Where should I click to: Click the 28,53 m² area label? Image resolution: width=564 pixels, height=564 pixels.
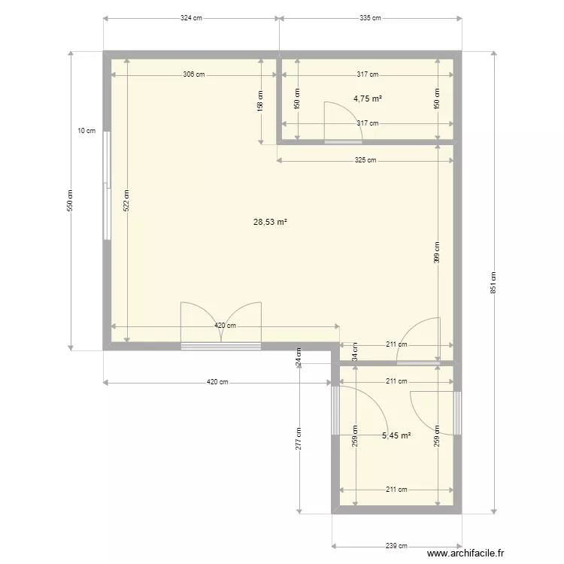coord(271,222)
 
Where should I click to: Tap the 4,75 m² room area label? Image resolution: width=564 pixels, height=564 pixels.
coord(368,99)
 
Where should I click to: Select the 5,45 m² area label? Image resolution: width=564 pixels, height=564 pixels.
coord(396,435)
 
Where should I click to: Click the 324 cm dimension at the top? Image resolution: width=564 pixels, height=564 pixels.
coord(191,17)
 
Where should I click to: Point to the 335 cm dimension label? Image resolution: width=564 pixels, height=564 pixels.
coord(369,17)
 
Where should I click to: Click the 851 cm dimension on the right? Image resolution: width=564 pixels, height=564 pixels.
coord(493,282)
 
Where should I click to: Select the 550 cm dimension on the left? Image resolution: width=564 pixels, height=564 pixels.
coord(71,200)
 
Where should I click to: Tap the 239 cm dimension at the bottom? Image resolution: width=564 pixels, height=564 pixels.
coord(396,547)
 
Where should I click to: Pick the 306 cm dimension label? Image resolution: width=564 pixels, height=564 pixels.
coord(193,74)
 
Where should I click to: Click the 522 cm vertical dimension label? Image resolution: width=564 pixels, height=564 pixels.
coord(127,199)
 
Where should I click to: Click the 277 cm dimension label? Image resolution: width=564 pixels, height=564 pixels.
coord(299,439)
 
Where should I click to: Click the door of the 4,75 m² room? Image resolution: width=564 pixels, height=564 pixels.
coord(343,124)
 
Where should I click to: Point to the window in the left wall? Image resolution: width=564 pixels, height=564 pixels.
coord(107,186)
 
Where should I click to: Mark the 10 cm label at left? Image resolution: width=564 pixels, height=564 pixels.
coord(86,131)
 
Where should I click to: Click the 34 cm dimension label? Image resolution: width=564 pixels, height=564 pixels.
coord(355,351)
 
